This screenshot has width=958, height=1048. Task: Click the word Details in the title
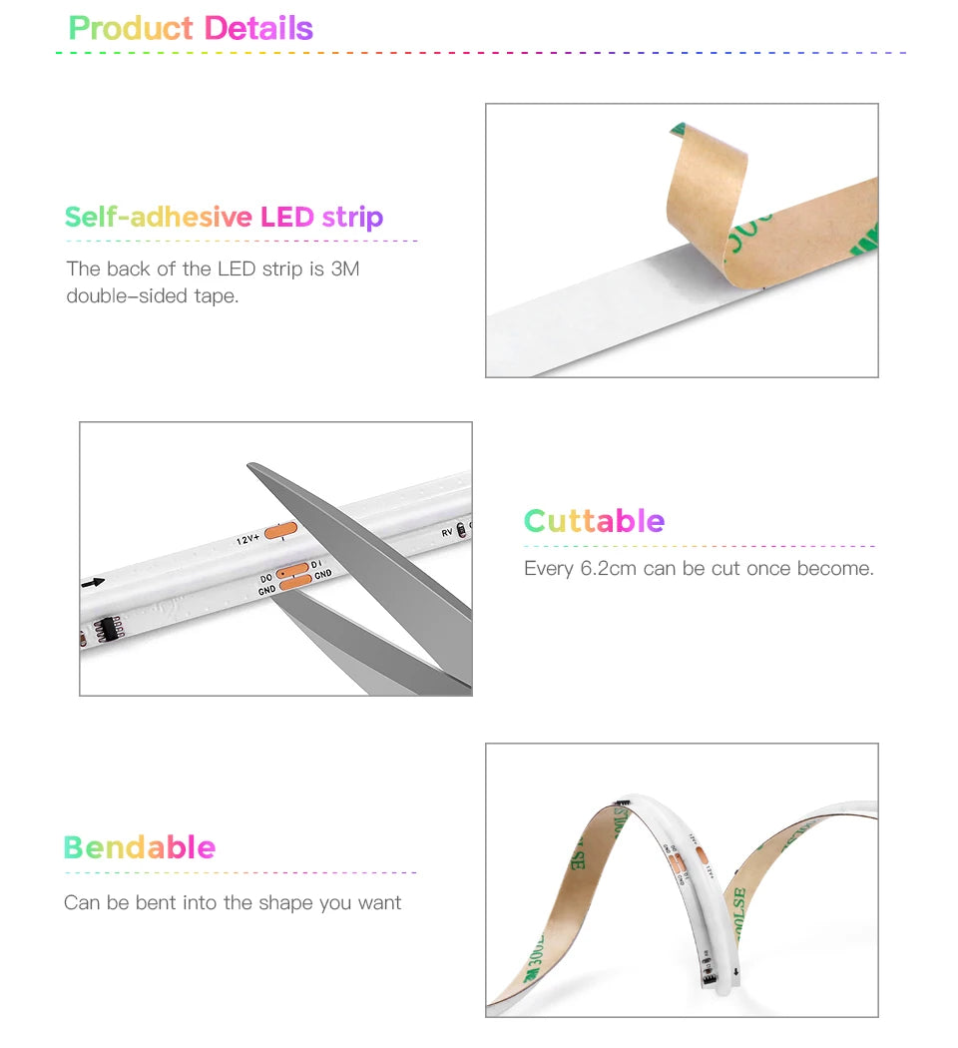(258, 28)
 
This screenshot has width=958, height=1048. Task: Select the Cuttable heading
(594, 520)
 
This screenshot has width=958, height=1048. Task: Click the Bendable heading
(140, 847)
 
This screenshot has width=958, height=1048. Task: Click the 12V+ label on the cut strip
(247, 539)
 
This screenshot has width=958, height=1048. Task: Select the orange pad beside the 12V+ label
(281, 531)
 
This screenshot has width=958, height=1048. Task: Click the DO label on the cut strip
(266, 578)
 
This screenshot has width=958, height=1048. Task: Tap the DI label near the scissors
(317, 565)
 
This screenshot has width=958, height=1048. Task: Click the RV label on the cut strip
(447, 533)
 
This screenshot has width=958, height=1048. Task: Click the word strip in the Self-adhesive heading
(352, 217)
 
